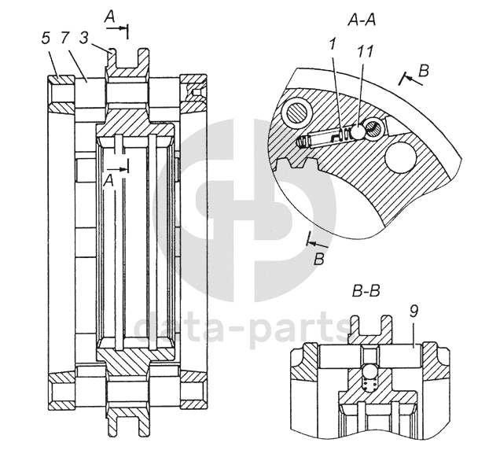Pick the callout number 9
click(414, 312)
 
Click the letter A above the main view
click(110, 16)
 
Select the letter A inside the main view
click(109, 179)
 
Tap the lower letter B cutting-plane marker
click(318, 256)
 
